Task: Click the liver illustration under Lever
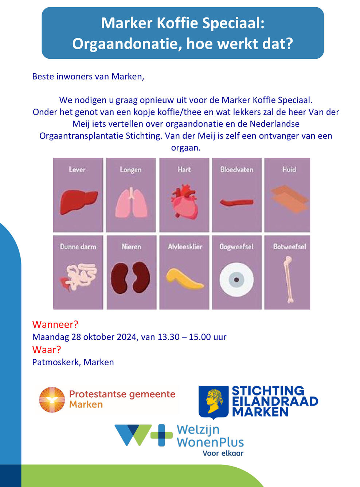tap(78, 202)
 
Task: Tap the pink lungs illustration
tap(131, 203)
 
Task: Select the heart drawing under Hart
tap(185, 202)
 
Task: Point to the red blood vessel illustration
tap(236, 202)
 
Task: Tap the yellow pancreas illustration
tap(184, 278)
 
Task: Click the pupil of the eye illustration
tap(236, 280)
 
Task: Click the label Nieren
tap(132, 247)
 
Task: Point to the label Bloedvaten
tap(236, 170)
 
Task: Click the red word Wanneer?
tap(55, 324)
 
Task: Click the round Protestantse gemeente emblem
tap(52, 400)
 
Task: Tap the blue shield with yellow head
tap(214, 402)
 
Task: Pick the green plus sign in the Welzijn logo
tap(161, 435)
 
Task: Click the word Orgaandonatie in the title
tap(125, 44)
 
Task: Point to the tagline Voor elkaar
tap(223, 453)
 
